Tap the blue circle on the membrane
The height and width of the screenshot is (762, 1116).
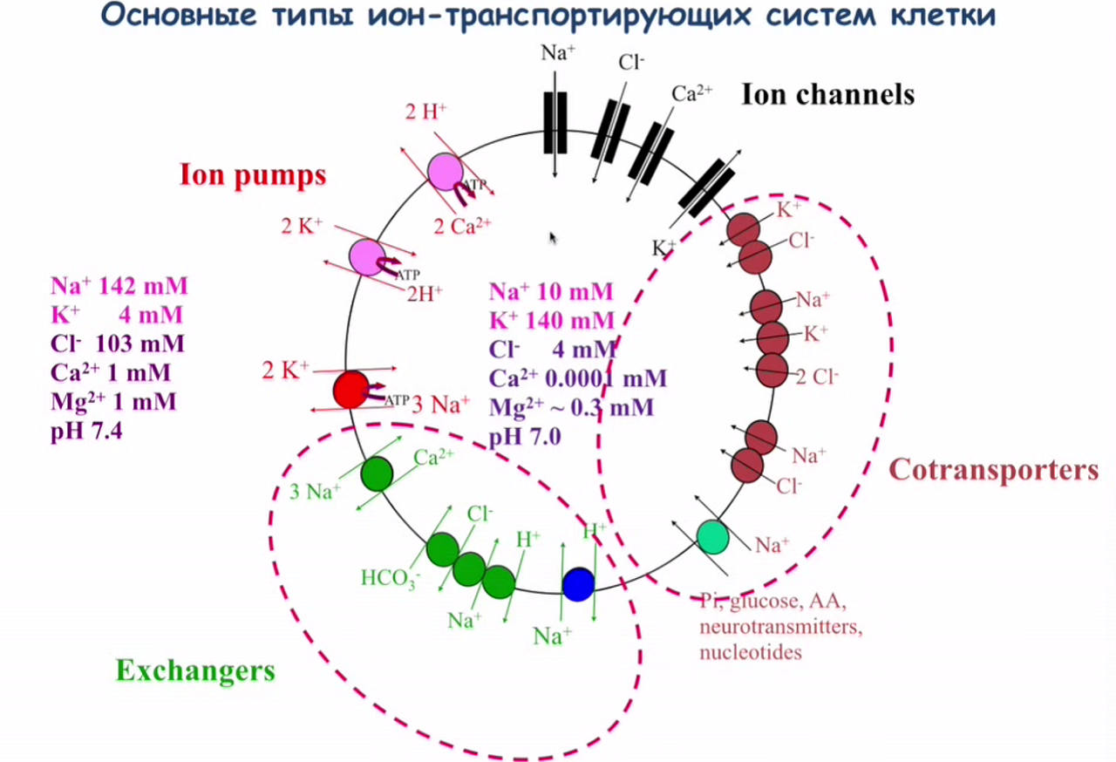[x=577, y=584]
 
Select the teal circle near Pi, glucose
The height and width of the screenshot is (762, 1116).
[x=712, y=536]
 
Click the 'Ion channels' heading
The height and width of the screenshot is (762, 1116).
[x=827, y=94]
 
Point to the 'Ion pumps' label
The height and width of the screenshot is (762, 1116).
[x=253, y=175]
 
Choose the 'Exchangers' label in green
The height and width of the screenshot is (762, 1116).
[x=195, y=670]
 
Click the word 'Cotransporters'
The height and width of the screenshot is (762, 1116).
[x=993, y=470]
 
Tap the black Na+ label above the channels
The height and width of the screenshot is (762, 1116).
[x=558, y=52]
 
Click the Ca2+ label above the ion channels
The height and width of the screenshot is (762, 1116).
[x=692, y=94]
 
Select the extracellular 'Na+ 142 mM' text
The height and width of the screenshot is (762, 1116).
[x=119, y=287]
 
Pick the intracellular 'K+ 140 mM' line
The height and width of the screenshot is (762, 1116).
[x=551, y=320]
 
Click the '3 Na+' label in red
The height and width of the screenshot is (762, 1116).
[x=440, y=404]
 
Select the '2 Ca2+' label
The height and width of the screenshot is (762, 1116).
[x=463, y=226]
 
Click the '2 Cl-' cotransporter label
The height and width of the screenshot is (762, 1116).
[x=817, y=377]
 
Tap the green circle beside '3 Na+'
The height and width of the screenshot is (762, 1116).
[x=378, y=473]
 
